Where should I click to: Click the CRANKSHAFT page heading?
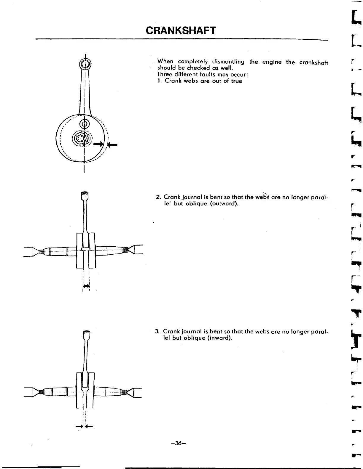[181, 30]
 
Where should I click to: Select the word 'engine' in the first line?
[270, 62]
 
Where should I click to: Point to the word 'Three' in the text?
[165, 74]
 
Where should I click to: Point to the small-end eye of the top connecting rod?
[85, 64]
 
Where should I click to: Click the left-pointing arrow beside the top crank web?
[112, 145]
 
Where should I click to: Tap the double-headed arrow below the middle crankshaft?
[86, 286]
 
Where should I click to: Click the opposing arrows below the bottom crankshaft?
[84, 427]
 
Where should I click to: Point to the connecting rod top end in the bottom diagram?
[86, 335]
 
